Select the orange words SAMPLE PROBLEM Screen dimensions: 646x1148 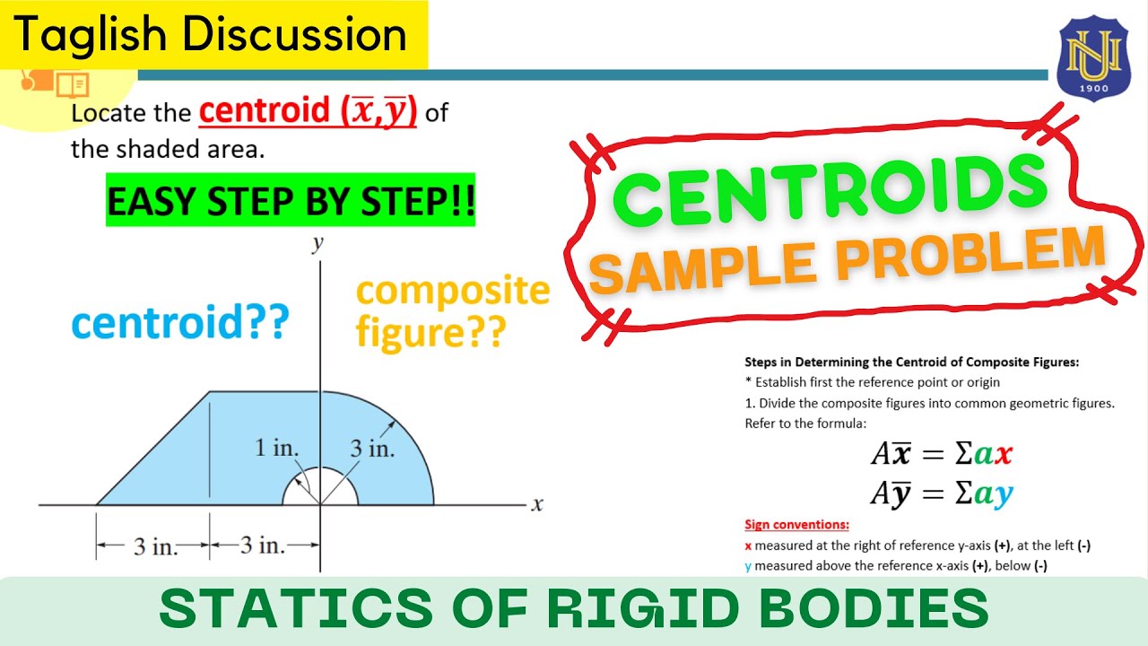[848, 261]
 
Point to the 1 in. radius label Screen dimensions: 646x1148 [276, 448]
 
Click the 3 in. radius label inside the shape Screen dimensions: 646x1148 [372, 449]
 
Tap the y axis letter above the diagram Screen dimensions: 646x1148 [317, 243]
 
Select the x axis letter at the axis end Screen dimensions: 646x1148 [537, 504]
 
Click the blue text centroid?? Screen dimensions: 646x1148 [180, 322]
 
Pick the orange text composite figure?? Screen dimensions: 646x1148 [452, 311]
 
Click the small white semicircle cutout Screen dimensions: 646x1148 [320, 490]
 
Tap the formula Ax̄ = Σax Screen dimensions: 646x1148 [942, 455]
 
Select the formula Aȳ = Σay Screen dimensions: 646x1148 [942, 493]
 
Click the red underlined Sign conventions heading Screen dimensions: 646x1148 [796, 525]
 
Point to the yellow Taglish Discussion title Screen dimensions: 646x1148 [212, 34]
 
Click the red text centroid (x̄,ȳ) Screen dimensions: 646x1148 [308, 112]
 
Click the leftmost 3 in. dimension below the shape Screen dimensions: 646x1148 [154, 546]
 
